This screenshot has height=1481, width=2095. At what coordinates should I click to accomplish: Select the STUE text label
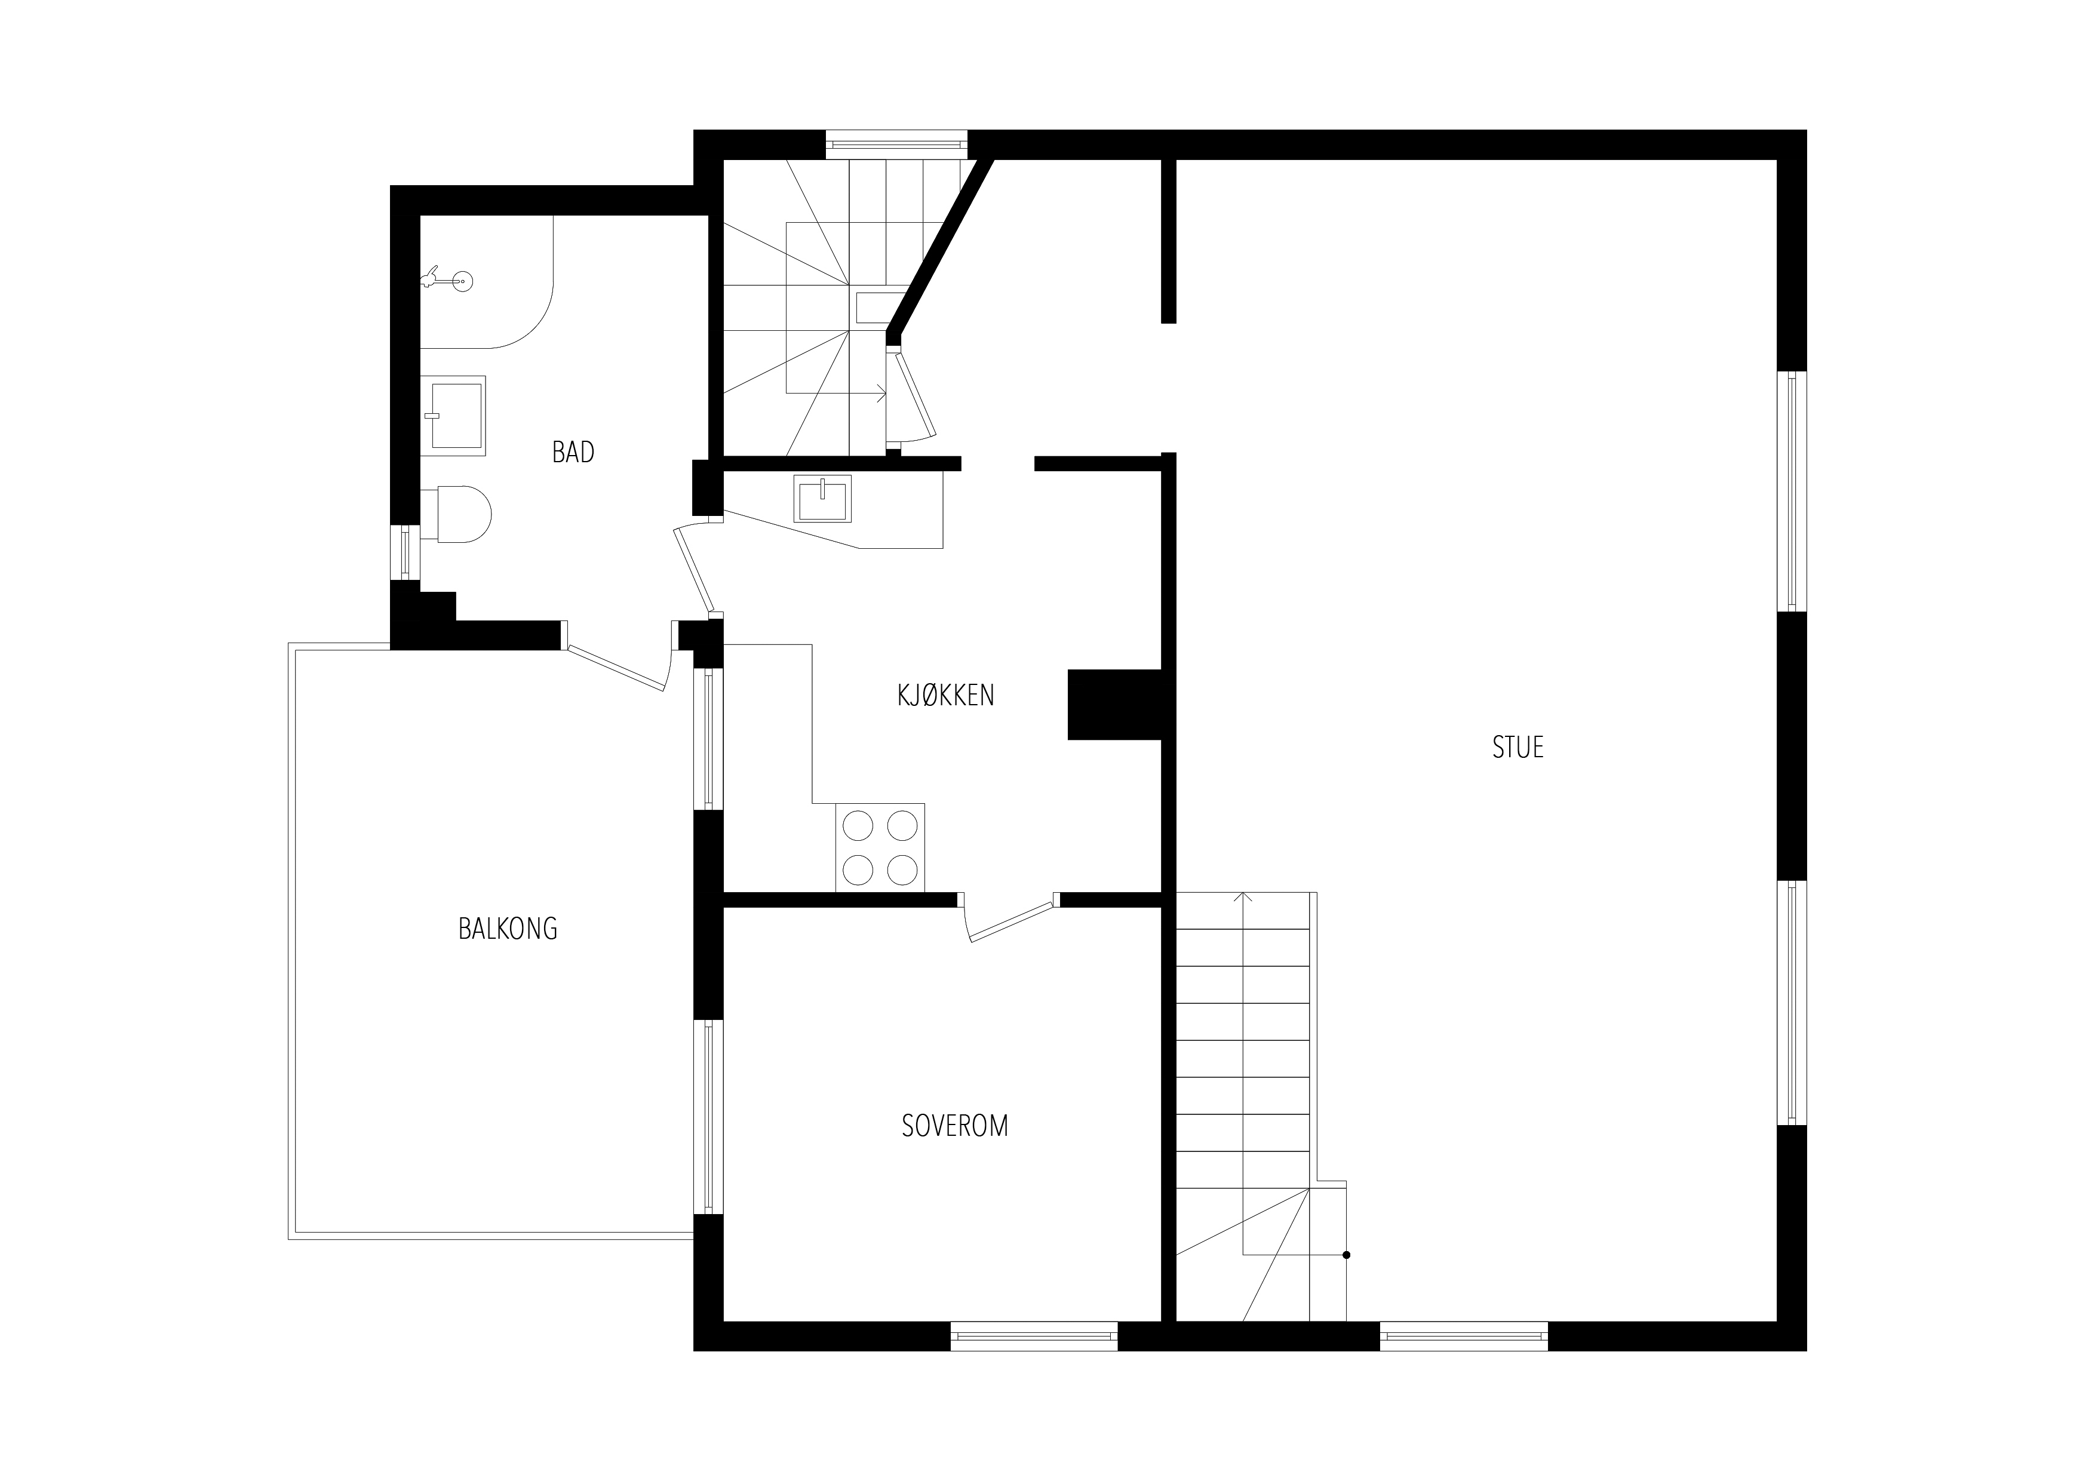[x=1518, y=747]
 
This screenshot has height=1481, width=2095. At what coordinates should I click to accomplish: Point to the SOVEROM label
[x=954, y=1126]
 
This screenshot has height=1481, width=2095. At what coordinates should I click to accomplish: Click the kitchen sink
[x=822, y=498]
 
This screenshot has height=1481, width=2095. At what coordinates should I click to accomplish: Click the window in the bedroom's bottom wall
[x=1034, y=1337]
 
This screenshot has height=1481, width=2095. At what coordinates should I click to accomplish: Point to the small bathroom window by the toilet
[x=405, y=552]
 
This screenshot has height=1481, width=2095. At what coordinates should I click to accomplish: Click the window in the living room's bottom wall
[x=1464, y=1337]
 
